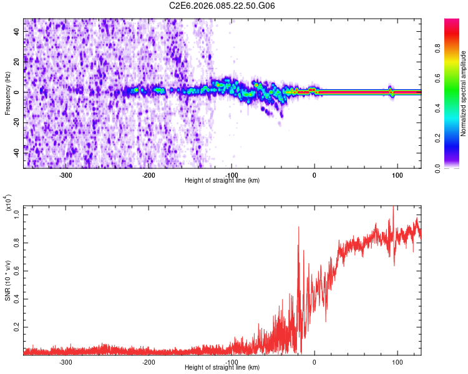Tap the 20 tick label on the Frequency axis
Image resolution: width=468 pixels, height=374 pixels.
click(17, 62)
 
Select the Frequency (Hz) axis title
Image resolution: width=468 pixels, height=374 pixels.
click(7, 93)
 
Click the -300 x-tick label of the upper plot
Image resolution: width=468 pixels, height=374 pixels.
click(66, 175)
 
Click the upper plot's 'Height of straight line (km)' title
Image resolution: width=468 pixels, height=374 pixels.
click(222, 181)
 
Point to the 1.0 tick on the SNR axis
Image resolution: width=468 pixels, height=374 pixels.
click(17, 214)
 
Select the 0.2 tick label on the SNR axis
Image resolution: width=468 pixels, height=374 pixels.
click(17, 326)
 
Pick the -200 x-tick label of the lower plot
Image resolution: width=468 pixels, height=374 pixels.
click(149, 362)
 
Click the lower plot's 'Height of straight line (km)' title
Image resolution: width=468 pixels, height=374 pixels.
click(222, 368)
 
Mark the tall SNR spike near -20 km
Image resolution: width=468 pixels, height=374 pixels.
click(299, 229)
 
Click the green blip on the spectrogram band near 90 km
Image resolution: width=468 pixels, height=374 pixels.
click(391, 93)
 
